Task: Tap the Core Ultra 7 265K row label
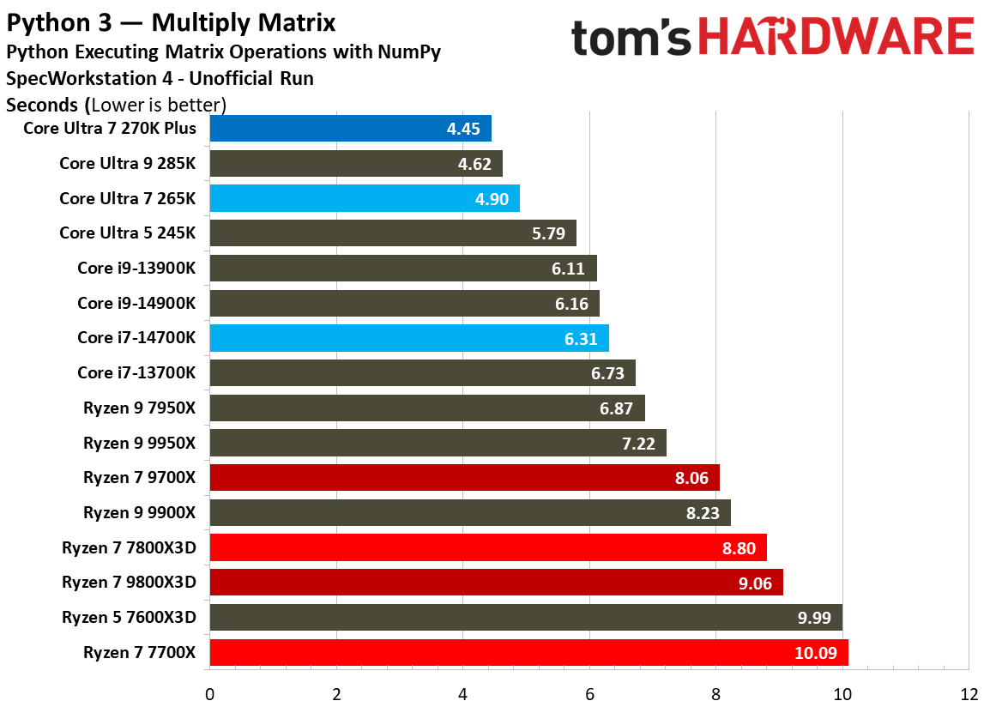128,198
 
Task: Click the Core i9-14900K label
136,303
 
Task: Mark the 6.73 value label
608,373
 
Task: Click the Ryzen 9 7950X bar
426,408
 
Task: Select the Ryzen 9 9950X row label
140,443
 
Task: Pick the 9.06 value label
756,583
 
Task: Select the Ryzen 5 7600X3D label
129,618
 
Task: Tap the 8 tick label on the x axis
715,693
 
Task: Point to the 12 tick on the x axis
969,693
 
